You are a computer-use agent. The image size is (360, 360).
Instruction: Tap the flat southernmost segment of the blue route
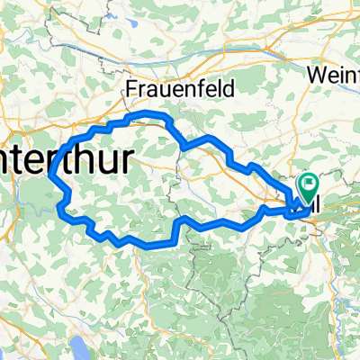pyautogui.click(x=148, y=244)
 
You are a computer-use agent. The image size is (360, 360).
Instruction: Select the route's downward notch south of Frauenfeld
pyautogui.click(x=184, y=146)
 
